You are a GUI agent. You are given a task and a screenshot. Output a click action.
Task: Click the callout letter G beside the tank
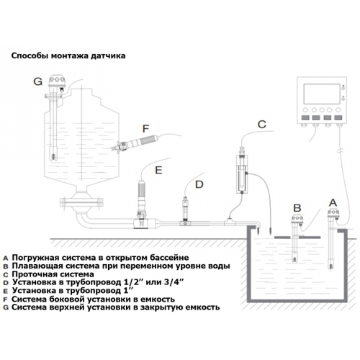37,81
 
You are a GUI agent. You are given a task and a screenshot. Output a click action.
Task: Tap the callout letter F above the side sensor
146,129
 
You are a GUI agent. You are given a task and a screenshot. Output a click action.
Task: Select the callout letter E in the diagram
158,170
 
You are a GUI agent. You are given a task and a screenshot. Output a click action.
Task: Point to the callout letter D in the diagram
199,184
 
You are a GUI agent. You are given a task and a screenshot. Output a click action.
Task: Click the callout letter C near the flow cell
261,125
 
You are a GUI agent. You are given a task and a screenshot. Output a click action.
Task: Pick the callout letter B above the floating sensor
297,208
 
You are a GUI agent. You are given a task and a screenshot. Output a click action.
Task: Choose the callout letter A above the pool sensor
333,203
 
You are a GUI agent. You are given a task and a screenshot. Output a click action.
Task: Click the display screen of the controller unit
322,94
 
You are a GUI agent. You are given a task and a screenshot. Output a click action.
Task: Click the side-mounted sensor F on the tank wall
135,143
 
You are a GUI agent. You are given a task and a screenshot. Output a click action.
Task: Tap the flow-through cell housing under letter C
242,174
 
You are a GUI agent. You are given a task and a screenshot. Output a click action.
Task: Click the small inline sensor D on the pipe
185,210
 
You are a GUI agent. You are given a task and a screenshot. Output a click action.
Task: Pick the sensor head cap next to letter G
57,81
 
